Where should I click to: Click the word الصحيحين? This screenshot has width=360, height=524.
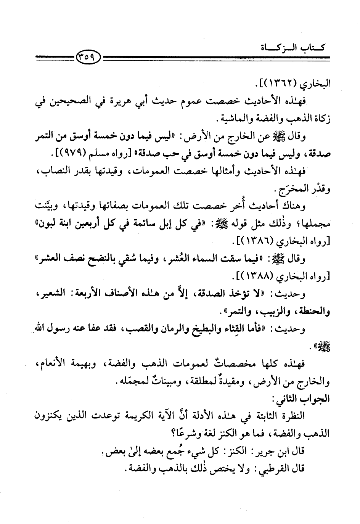click(x=69, y=101)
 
